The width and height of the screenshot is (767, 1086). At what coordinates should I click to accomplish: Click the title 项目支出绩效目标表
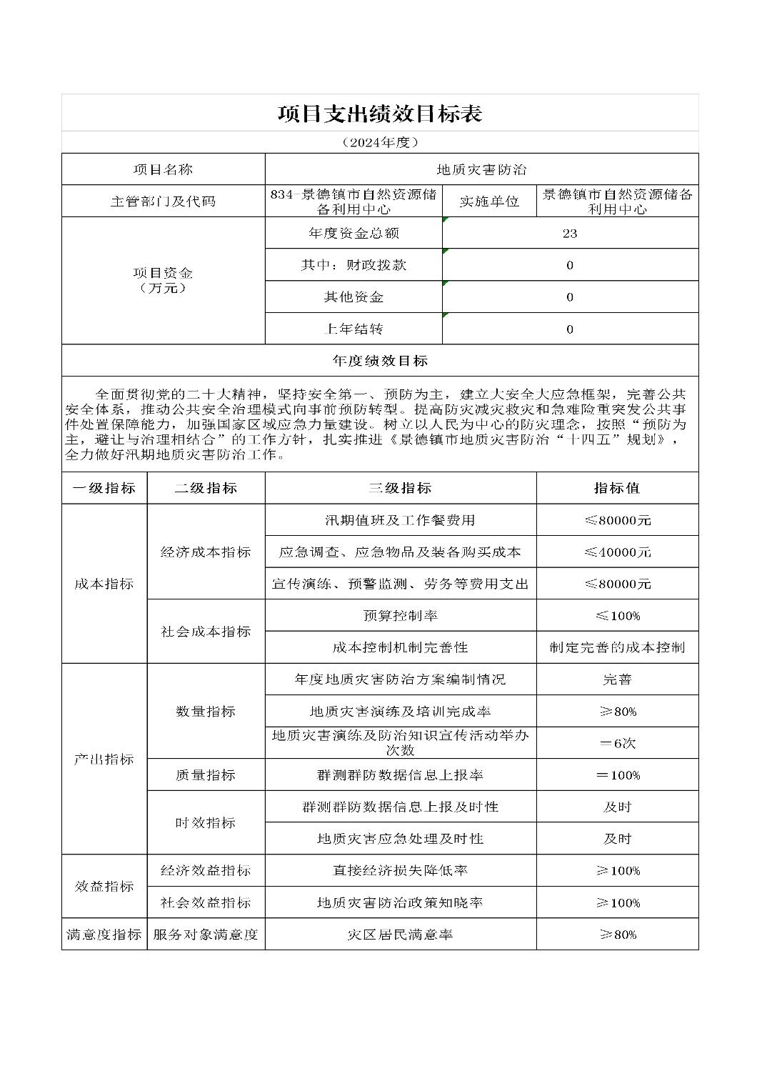tap(379, 114)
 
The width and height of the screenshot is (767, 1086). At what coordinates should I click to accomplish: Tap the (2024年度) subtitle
tap(379, 142)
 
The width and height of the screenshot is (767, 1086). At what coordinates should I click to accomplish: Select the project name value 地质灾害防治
tap(481, 169)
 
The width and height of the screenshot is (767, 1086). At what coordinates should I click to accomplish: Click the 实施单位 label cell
tap(489, 201)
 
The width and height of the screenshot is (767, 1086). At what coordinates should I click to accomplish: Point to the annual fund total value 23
tap(569, 234)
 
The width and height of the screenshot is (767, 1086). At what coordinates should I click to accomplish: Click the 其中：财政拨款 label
tap(354, 265)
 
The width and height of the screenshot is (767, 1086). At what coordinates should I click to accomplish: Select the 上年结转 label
tap(354, 329)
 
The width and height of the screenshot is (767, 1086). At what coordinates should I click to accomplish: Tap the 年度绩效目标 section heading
tap(379, 361)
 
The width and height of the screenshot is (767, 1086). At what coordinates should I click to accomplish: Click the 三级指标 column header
tap(400, 488)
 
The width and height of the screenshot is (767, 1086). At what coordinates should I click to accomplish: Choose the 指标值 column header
tap(617, 488)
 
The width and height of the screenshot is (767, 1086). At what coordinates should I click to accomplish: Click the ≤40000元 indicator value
tap(617, 552)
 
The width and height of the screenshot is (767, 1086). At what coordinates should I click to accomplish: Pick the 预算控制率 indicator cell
tap(400, 615)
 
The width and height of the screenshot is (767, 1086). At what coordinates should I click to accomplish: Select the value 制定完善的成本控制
tap(617, 647)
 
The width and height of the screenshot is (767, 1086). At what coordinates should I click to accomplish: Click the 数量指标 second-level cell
tap(206, 712)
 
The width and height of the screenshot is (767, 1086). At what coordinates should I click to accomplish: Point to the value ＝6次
tap(617, 743)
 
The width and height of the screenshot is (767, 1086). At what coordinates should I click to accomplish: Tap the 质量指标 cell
tap(206, 775)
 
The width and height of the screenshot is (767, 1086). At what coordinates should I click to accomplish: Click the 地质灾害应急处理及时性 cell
tap(400, 839)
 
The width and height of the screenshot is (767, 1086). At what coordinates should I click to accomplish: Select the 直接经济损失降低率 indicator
tap(400, 871)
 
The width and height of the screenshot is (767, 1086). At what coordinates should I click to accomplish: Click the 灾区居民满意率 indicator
tap(400, 935)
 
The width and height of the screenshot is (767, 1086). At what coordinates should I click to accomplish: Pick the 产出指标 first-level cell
tap(104, 759)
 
